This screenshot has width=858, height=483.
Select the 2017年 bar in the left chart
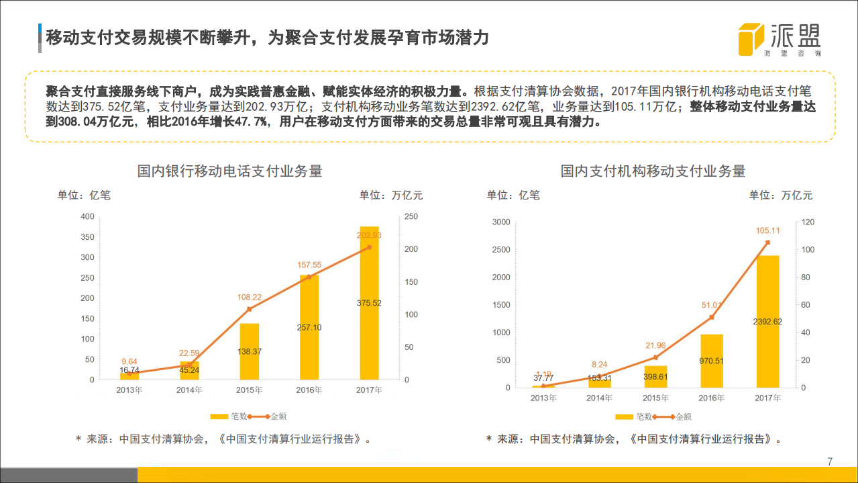click(x=370, y=302)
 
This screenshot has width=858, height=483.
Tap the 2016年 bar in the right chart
click(x=712, y=361)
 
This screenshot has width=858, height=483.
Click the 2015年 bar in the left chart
click(x=250, y=351)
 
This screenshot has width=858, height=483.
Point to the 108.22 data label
click(x=250, y=297)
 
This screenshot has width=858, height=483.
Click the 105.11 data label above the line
click(x=768, y=230)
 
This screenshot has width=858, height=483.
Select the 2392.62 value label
click(x=768, y=321)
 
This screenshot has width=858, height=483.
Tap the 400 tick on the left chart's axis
click(x=87, y=216)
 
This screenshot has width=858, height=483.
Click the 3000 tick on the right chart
click(x=501, y=222)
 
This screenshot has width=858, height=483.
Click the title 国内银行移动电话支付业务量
click(x=230, y=171)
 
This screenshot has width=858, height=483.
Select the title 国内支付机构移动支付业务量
click(x=653, y=171)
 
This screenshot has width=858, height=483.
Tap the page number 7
click(x=830, y=462)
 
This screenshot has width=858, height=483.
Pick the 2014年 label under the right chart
click(x=600, y=398)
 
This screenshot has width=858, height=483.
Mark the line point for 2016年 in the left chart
click(x=309, y=277)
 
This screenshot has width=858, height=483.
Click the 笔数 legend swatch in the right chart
click(x=624, y=416)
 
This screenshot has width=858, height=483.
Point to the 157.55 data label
click(x=309, y=265)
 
